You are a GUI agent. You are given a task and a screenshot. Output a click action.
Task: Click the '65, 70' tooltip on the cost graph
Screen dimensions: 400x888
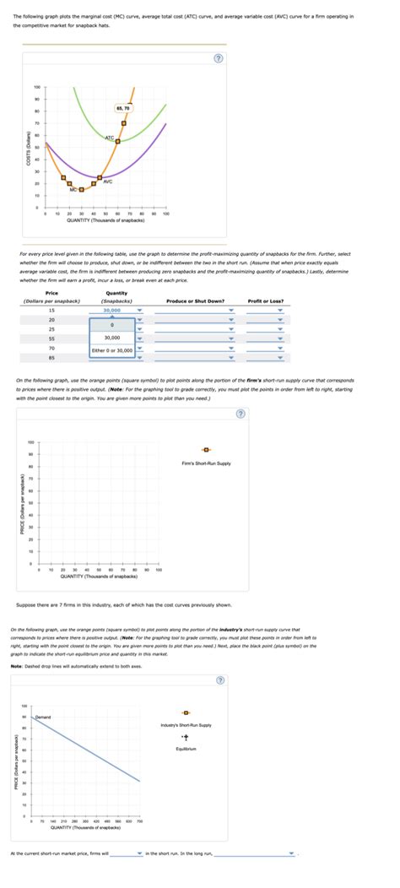coord(123,108)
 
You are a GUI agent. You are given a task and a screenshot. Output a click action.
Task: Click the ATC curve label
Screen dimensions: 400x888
coord(110,137)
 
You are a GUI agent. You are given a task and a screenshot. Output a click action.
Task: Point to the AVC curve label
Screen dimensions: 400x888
coord(108,181)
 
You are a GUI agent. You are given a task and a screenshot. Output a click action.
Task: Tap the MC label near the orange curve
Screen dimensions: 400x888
coord(74,190)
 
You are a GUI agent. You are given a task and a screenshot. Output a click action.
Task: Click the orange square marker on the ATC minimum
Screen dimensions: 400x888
coord(117,142)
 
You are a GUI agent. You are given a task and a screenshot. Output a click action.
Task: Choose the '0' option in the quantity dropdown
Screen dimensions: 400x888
coord(111,324)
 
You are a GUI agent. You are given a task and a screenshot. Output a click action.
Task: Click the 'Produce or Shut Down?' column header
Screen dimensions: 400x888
coord(195,301)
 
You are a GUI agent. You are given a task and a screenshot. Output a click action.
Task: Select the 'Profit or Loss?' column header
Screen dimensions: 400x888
coord(266,301)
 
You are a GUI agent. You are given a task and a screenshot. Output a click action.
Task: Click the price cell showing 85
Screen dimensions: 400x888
coord(51,358)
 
